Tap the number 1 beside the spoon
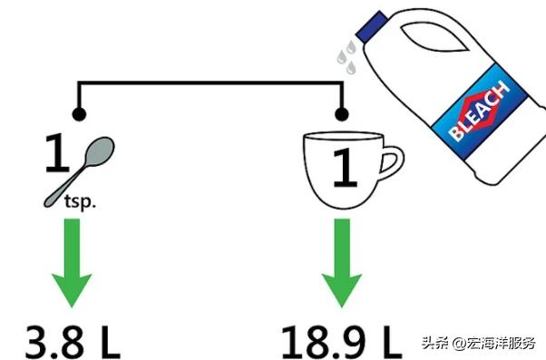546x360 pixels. point(56,156)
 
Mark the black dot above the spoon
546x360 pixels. point(80,115)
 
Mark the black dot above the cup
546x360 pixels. point(341,115)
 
